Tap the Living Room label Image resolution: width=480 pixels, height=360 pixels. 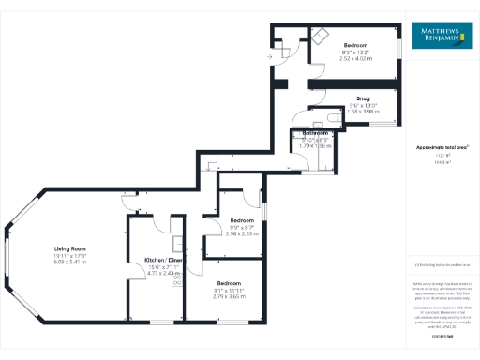(x=69, y=248)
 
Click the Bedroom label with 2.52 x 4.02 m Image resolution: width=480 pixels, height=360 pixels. (x=355, y=45)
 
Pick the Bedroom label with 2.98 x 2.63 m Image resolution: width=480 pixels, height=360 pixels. (x=242, y=221)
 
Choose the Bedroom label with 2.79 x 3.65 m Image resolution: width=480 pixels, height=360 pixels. (x=230, y=282)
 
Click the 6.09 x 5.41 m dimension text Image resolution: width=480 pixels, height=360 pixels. (x=69, y=262)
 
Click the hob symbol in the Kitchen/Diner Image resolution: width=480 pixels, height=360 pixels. (x=177, y=280)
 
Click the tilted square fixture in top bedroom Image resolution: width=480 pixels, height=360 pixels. (x=321, y=35)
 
